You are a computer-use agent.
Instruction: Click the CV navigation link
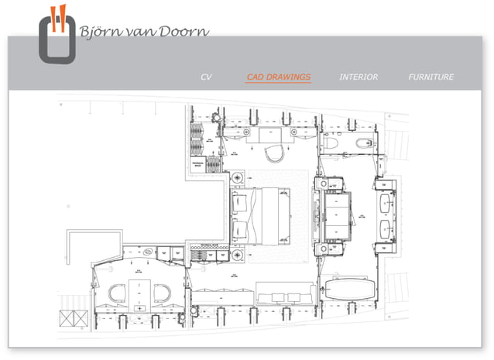click(206, 77)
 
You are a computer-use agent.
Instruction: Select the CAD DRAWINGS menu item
click(278, 77)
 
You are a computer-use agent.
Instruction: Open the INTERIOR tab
click(358, 77)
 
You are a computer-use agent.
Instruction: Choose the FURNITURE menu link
click(431, 77)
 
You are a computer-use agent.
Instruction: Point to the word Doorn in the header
click(185, 33)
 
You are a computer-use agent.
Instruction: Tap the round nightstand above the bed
click(238, 178)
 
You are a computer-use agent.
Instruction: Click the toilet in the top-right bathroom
click(331, 142)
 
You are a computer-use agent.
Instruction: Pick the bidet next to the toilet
click(363, 142)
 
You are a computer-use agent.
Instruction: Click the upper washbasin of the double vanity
click(386, 202)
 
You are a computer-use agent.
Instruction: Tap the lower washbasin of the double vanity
click(386, 229)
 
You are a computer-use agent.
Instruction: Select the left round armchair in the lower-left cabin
click(117, 293)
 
